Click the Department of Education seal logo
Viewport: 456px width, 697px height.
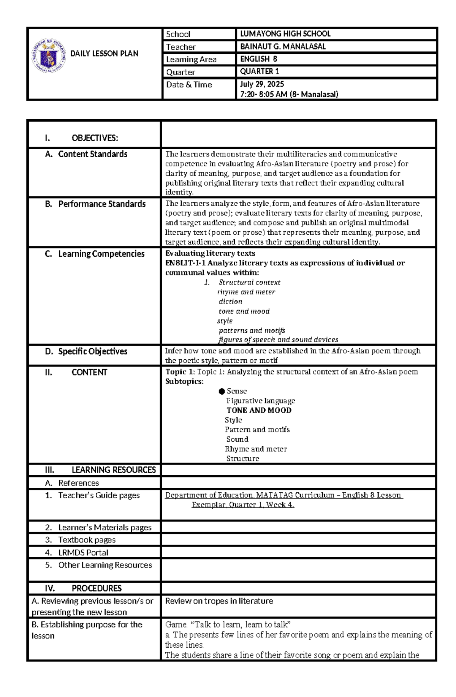[x=49, y=56]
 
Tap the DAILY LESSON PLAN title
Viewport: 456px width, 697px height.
[x=104, y=54]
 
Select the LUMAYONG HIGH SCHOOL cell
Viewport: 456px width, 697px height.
[x=285, y=34]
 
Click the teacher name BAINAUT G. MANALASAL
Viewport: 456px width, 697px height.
[x=283, y=47]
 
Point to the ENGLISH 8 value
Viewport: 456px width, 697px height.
[x=258, y=59]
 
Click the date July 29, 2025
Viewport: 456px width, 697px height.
[x=262, y=84]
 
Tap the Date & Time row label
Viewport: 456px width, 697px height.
[x=189, y=85]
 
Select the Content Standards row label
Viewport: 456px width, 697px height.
[x=92, y=154]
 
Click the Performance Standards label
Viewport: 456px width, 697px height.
[x=101, y=204]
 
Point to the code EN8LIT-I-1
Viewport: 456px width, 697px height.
[x=185, y=263]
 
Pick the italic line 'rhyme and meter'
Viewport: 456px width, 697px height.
[x=246, y=292]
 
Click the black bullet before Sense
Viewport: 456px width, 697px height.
[x=222, y=391]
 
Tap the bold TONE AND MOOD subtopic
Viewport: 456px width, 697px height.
[x=259, y=410]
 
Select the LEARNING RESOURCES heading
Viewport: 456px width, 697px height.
[x=113, y=470]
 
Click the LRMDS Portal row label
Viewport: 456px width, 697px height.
[x=83, y=552]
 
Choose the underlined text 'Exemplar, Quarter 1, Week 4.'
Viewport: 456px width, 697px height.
[x=243, y=505]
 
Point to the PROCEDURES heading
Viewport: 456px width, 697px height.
[x=96, y=588]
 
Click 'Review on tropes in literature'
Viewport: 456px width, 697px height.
[x=219, y=601]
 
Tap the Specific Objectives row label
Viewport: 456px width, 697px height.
[x=92, y=351]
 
